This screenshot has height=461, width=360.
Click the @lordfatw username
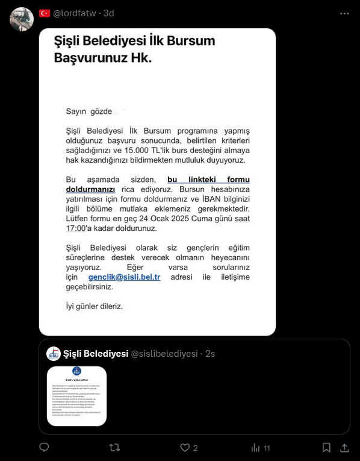coord(76,13)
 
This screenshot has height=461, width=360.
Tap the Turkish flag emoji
coord(45,13)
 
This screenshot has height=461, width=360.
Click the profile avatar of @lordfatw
coord(22,19)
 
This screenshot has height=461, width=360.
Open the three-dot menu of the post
coord(344,13)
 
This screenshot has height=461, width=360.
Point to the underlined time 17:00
coord(77,228)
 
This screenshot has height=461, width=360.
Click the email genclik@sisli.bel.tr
coord(124,277)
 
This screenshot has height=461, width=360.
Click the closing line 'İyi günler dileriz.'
coord(95,306)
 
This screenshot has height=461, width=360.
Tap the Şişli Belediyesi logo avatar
coord(54,353)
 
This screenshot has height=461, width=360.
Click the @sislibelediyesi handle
coord(164,354)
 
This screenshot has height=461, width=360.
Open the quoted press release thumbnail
coord(76,395)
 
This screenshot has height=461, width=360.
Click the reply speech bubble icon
coord(44,448)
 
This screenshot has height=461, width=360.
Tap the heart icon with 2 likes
coord(185,448)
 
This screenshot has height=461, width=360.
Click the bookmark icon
coord(326,448)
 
